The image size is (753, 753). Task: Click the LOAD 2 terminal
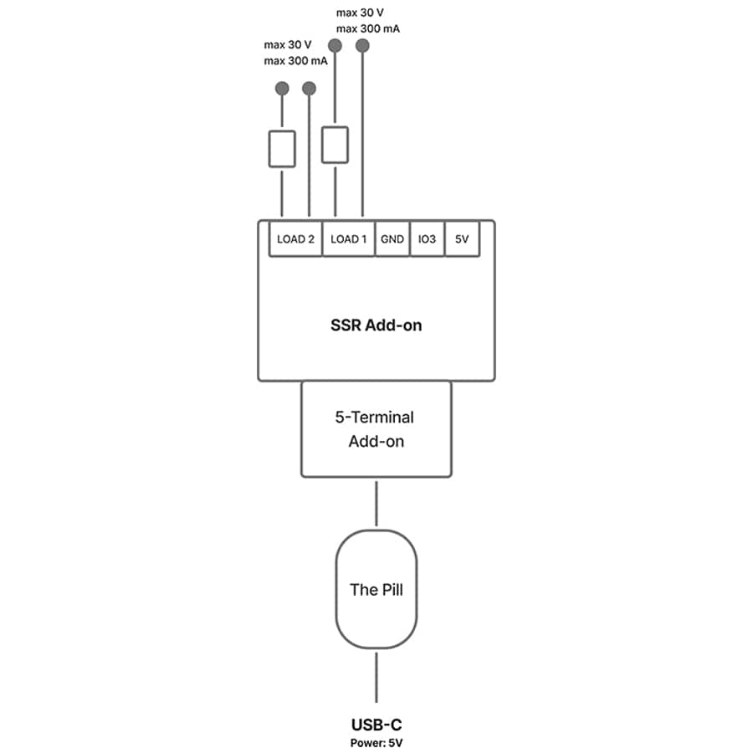[x=295, y=238]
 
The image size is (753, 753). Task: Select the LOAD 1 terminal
[x=348, y=238]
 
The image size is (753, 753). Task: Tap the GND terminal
[x=392, y=238]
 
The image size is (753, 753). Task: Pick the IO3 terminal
[x=427, y=238]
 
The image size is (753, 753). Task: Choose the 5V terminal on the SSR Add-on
[x=462, y=238]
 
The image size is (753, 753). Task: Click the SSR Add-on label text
[x=376, y=325]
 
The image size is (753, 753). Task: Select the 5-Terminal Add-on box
[x=376, y=429]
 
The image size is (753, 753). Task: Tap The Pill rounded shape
[x=376, y=589]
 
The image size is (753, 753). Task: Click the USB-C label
[x=376, y=725]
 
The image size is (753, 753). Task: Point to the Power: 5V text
[x=376, y=743]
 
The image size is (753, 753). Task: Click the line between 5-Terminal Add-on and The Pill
[x=376, y=504]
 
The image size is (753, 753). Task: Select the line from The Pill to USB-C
[x=376, y=678]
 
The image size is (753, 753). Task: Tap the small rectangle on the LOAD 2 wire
[x=282, y=149]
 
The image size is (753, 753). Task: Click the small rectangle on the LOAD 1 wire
[x=335, y=145]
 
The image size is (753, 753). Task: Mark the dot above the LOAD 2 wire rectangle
[x=282, y=89]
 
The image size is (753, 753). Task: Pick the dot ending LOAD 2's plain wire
[x=309, y=89]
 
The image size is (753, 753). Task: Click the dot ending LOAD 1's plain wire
[x=362, y=46]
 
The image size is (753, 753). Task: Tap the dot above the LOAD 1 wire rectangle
[x=335, y=46]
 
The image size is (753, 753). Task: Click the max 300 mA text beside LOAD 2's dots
[x=295, y=61]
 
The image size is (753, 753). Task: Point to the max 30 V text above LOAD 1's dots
[x=360, y=13]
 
